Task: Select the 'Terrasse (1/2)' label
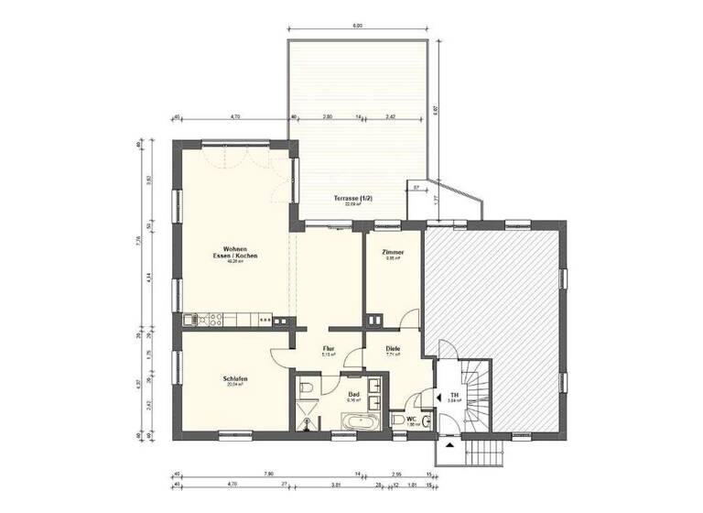(x=346, y=200)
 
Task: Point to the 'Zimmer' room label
(x=393, y=254)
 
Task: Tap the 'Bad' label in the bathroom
(x=353, y=396)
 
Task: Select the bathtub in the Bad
(x=359, y=422)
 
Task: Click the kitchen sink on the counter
(x=192, y=320)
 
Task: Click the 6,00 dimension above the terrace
(x=359, y=26)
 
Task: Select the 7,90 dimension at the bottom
(x=268, y=474)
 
